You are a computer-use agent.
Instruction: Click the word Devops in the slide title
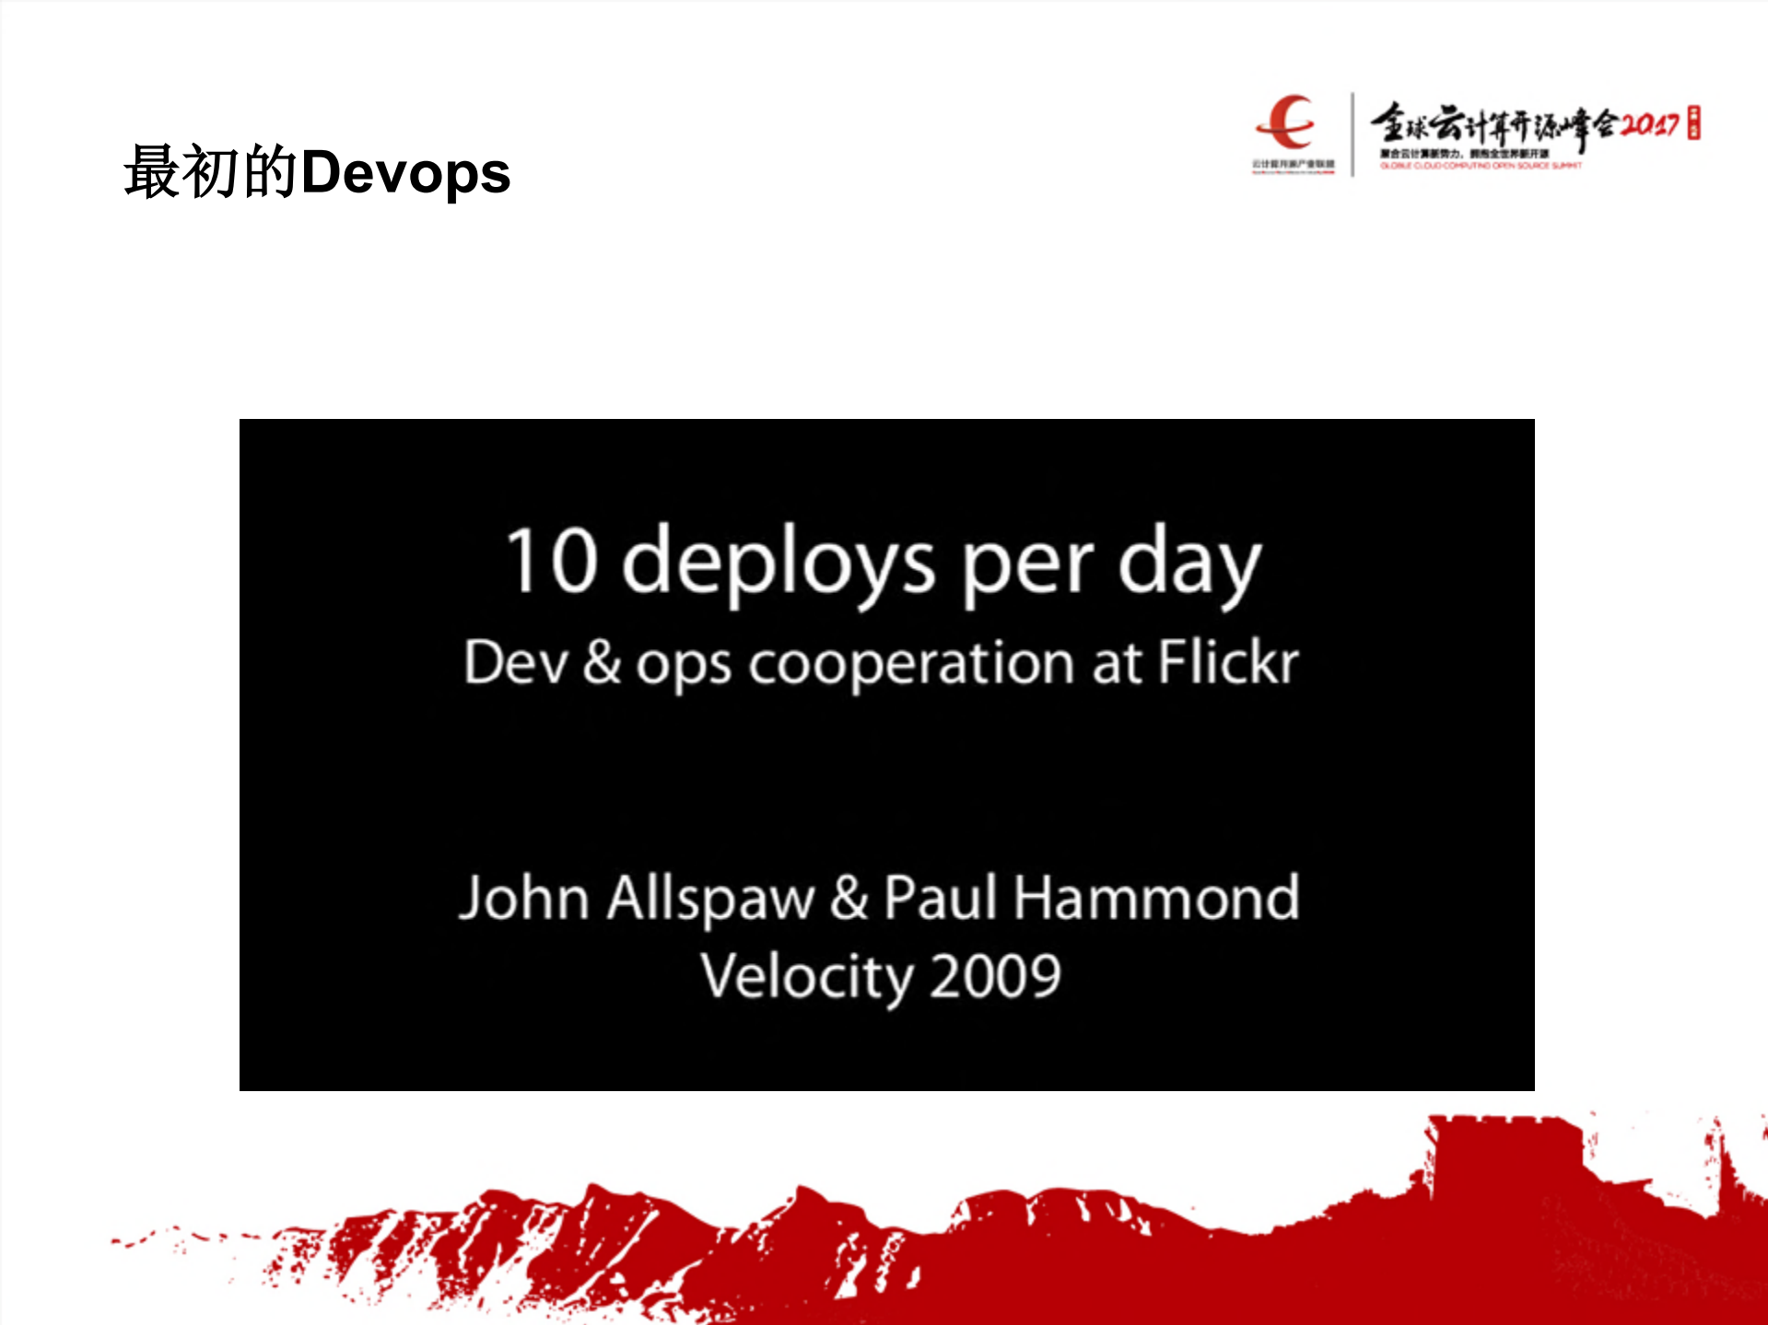coord(405,173)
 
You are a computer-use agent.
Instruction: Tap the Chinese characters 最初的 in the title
coord(211,172)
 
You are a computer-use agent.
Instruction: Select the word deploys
coord(779,564)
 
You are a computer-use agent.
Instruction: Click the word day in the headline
coord(1188,564)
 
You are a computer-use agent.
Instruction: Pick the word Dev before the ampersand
coord(516,662)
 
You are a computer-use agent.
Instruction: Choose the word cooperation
coord(911,663)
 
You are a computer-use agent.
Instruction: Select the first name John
coord(524,897)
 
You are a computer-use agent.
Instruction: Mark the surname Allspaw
coord(710,898)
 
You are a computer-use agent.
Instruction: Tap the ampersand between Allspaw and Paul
coord(849,897)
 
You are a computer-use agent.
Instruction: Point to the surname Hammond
coord(1156,897)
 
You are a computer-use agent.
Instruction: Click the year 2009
coord(995,976)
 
